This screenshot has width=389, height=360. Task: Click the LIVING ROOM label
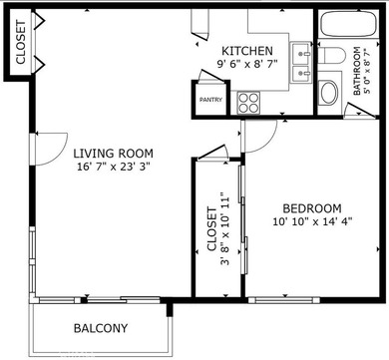click(113, 154)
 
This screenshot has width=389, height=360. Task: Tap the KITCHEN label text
click(247, 51)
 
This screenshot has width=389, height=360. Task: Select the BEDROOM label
click(312, 208)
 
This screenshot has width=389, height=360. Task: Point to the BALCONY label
click(101, 328)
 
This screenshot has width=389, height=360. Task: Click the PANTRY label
click(210, 100)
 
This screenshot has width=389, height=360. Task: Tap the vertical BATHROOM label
click(357, 71)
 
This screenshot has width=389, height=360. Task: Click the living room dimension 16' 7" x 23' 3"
click(114, 167)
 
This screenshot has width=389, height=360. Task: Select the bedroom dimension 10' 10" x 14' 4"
click(312, 221)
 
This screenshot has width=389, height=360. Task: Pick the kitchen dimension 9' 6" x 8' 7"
click(247, 63)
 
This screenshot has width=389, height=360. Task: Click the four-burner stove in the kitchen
click(248, 103)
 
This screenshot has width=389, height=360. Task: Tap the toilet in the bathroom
click(331, 55)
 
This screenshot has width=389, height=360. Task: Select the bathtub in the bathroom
click(349, 23)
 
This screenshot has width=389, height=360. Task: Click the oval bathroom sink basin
click(328, 93)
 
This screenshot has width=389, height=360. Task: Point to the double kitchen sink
click(301, 63)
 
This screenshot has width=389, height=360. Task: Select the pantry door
click(210, 76)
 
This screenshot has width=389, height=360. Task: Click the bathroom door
click(360, 110)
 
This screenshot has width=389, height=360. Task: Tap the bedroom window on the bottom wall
click(284, 300)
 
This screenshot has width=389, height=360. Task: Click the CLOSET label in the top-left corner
click(21, 43)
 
